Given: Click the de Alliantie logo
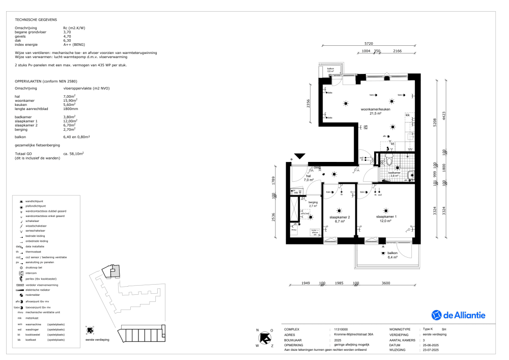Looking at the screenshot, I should point(458,315).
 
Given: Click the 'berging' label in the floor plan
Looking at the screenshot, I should point(313,203).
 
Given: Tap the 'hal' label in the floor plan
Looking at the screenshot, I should point(308,177).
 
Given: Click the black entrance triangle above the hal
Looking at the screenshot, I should point(299,157).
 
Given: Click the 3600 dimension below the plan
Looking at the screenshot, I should point(386,283).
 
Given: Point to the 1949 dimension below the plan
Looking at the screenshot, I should point(306,283).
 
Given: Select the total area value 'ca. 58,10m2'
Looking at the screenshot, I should point(73,153).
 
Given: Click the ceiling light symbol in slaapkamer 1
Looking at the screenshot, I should point(385,210).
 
